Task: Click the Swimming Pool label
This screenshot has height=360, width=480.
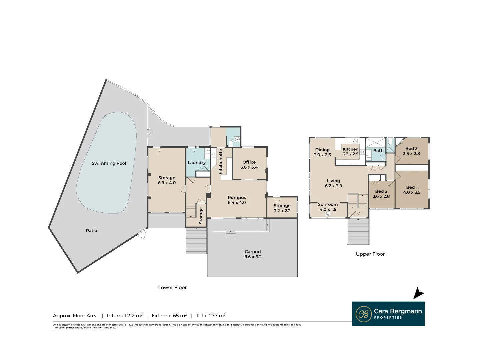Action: [x=109, y=163]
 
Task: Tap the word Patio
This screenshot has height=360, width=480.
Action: [x=91, y=231]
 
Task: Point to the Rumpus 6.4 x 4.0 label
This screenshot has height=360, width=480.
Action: [x=237, y=200]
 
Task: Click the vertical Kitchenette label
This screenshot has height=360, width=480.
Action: [x=220, y=161]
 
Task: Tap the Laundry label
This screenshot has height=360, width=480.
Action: [x=197, y=163]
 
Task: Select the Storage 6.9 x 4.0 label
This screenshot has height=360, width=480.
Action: [x=167, y=180]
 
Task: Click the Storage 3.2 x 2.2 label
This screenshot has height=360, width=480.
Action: [x=282, y=208]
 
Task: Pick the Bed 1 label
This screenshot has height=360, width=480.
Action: [x=412, y=190]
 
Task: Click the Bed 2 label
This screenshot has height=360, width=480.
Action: [x=381, y=194]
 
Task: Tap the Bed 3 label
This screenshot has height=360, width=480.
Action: [x=411, y=151]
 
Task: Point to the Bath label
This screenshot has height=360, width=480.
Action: [x=378, y=151]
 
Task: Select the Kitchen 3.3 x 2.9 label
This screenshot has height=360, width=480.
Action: [x=350, y=152]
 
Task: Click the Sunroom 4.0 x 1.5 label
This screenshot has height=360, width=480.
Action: [x=328, y=207]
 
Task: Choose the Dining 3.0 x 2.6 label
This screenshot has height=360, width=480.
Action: [x=322, y=152]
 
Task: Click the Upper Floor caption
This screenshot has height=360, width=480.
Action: [x=370, y=254]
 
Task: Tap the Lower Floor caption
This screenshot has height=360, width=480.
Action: [x=172, y=287]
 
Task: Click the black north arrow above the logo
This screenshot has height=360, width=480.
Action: [x=418, y=293]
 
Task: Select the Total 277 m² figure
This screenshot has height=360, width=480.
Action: [x=210, y=316]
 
